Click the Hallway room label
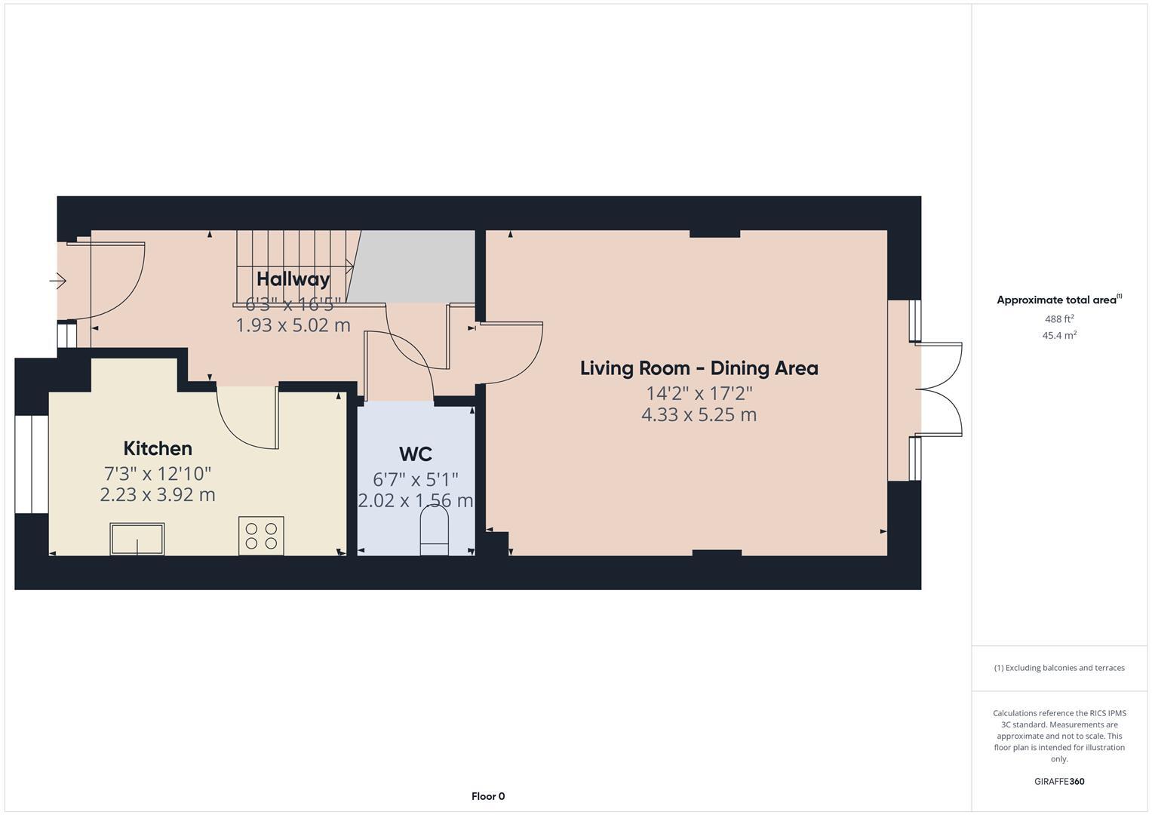tap(293, 279)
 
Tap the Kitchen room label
tap(158, 449)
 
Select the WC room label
tap(416, 454)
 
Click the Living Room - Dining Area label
tap(699, 369)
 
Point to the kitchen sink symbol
tap(137, 539)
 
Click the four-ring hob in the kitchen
tap(261, 536)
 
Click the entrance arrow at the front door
tap(57, 281)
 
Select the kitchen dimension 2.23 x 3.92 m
tap(158, 495)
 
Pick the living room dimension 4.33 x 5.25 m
tap(699, 415)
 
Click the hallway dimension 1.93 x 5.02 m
tap(293, 325)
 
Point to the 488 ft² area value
tap(1059, 319)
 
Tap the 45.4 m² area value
tap(1059, 336)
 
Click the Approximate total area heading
tap(1059, 300)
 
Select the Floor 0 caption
tap(488, 796)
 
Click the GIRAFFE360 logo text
tap(1059, 782)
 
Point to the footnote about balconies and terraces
tap(1059, 668)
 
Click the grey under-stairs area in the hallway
tap(411, 266)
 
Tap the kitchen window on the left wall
tap(32, 465)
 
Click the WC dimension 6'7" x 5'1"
tap(416, 480)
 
